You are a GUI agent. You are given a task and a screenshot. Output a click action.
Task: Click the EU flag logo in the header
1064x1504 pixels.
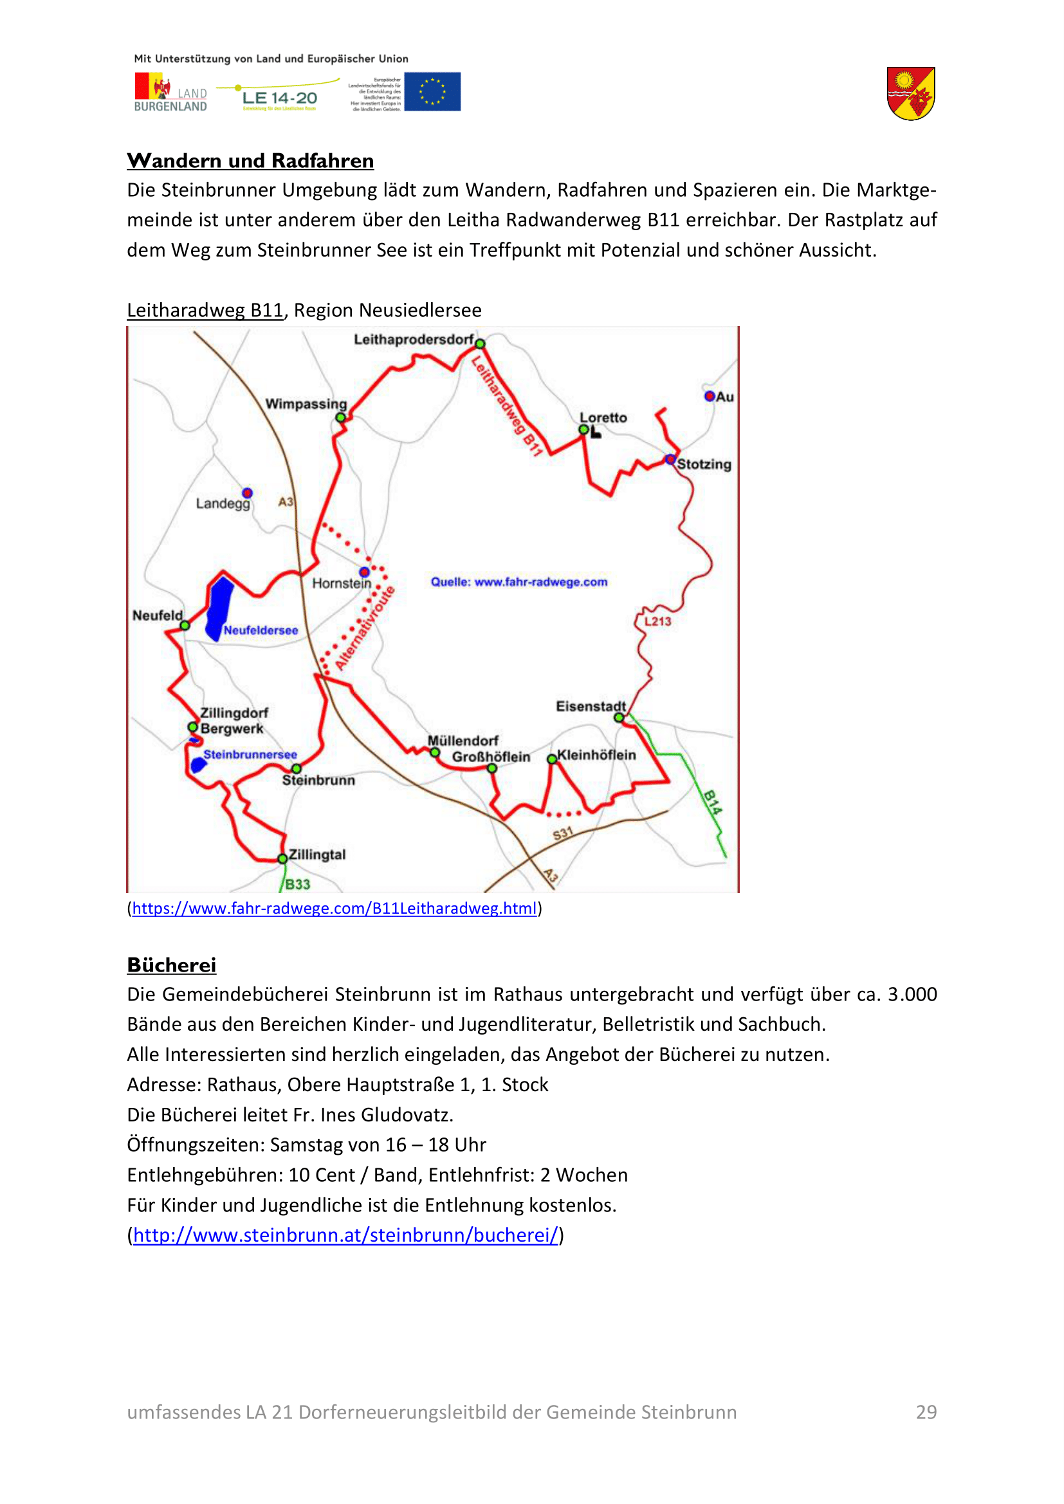tap(432, 92)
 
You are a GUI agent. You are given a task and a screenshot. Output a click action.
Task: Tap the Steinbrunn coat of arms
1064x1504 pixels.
tap(911, 94)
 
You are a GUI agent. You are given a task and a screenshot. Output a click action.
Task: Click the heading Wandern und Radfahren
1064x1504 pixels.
tap(250, 161)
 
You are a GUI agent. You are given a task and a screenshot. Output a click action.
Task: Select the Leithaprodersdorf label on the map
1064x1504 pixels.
tap(414, 340)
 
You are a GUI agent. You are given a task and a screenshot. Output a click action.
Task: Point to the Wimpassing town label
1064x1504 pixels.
tap(306, 404)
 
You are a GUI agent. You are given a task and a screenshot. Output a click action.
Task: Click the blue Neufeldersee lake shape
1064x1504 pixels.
tap(219, 606)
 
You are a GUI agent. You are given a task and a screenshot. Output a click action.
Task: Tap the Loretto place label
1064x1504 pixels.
tap(603, 418)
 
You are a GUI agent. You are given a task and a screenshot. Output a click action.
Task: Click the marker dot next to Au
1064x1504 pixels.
tap(709, 396)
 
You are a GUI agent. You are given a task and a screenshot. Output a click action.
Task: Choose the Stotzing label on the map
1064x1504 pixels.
tap(704, 464)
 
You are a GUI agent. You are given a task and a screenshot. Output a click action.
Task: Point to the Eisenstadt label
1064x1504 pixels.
tap(591, 706)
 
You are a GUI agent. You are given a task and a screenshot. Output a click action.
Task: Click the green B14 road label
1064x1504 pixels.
tap(712, 802)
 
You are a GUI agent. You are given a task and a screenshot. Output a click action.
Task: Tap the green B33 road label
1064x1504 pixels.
tap(297, 884)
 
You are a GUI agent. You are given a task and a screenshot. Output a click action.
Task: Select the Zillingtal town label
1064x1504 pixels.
tap(317, 855)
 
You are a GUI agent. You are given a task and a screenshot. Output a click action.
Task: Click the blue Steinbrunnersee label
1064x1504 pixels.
tap(250, 755)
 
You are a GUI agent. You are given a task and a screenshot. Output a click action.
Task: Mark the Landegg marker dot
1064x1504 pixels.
tap(247, 493)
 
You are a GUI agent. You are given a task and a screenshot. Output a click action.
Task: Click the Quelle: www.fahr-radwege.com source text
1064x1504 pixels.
tap(519, 582)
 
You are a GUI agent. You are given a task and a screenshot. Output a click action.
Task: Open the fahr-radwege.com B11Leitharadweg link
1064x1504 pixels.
tap(334, 909)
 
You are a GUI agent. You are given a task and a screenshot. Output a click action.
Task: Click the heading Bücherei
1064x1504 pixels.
tap(172, 966)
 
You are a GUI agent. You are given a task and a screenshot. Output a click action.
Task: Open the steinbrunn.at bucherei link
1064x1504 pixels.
tap(345, 1235)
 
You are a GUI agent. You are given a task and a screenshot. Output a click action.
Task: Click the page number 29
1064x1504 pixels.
tap(926, 1412)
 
